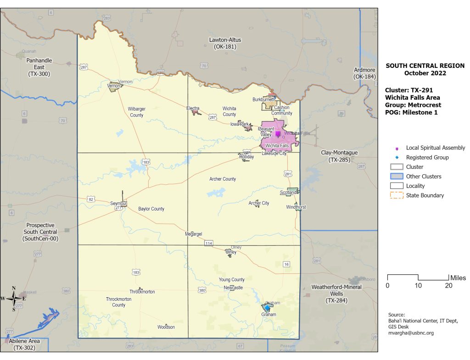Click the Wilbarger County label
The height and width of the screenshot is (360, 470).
point(136,112)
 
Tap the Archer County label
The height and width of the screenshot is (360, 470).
point(223,179)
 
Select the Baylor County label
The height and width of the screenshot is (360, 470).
point(151,209)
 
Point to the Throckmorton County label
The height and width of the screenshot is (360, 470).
point(118,302)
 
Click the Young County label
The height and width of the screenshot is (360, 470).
point(232,280)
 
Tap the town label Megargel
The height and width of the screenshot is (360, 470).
point(193,233)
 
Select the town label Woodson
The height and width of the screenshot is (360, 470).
point(166,327)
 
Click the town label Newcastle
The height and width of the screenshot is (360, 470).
point(233,288)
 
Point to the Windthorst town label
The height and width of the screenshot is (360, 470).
point(296,207)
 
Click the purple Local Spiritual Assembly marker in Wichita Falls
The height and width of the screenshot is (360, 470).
point(278,133)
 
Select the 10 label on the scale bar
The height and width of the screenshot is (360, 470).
point(418,286)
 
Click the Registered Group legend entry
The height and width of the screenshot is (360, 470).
point(427,157)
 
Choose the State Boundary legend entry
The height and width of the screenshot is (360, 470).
point(425,195)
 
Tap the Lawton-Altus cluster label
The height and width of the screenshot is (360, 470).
point(225,44)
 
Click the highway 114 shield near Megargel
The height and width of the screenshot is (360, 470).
point(209,243)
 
